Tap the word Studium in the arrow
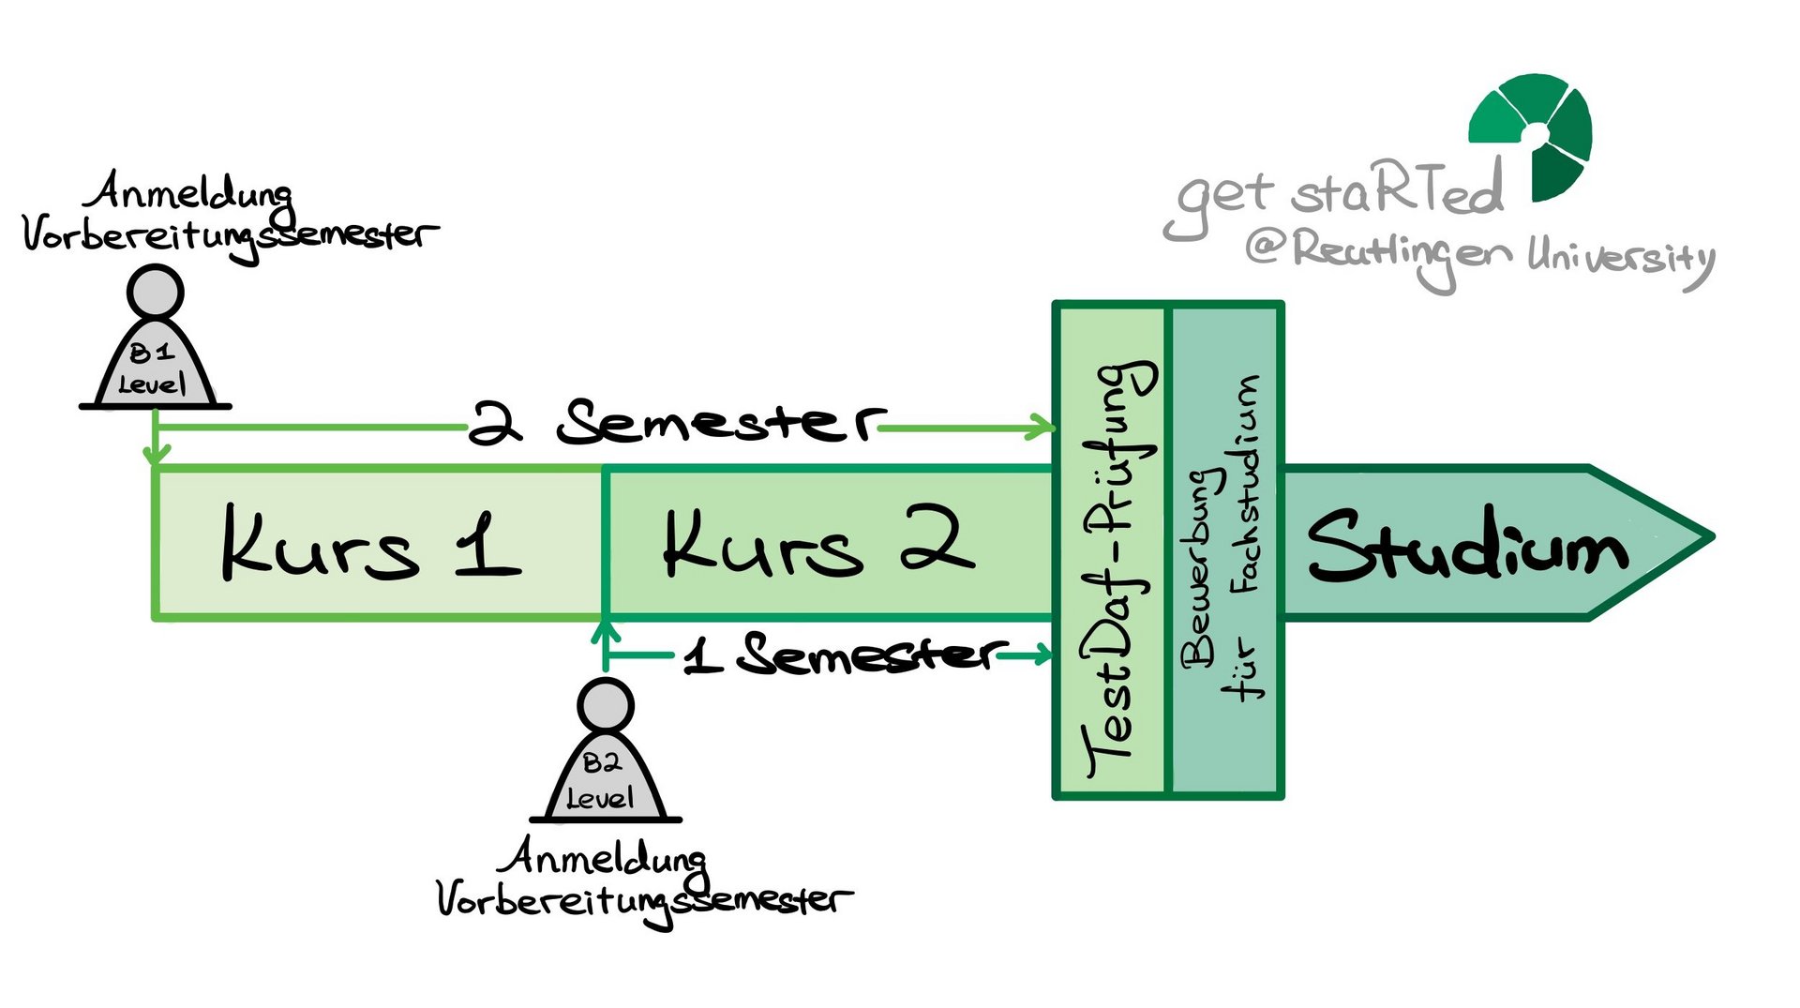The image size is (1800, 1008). pos(1467,546)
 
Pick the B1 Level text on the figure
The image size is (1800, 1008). pos(153,369)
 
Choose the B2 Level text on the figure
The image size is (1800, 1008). pos(601,781)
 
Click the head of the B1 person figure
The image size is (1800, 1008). pos(155,292)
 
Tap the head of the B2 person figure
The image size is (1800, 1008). pos(605,705)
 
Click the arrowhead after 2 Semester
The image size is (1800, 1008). pos(1042,428)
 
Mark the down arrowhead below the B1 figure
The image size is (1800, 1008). pos(156,455)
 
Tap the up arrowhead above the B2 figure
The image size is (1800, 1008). pos(606,630)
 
